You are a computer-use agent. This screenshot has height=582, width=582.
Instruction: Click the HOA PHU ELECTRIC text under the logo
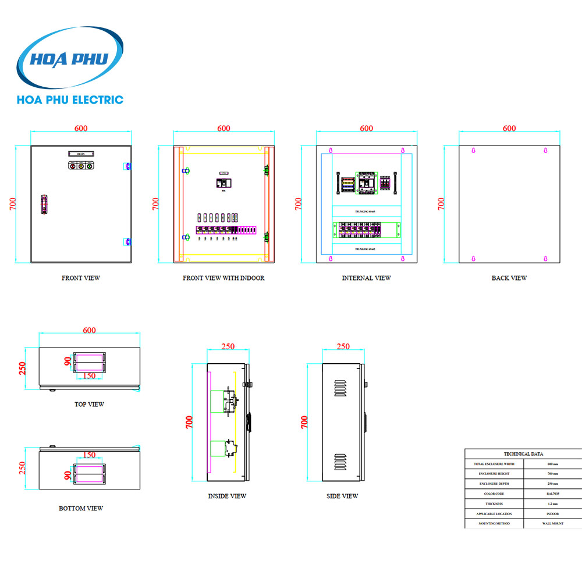(x=70, y=100)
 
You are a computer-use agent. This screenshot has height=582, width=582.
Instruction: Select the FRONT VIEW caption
(x=80, y=278)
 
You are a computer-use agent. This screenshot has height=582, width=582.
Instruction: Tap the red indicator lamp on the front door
(x=72, y=166)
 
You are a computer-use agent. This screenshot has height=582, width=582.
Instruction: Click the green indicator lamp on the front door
(x=89, y=166)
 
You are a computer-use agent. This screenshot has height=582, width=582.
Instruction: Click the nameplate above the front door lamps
(x=80, y=153)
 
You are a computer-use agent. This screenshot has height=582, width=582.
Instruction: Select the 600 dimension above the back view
(x=509, y=128)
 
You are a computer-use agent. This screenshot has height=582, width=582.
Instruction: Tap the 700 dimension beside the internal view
(x=298, y=204)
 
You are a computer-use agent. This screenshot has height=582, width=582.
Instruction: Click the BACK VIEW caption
(x=509, y=278)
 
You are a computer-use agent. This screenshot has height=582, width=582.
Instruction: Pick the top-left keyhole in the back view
(x=473, y=151)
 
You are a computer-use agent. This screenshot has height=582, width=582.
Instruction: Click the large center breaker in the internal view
(x=366, y=183)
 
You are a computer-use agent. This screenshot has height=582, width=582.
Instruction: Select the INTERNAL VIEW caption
(x=366, y=278)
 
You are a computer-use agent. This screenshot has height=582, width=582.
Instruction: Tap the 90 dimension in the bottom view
(x=68, y=475)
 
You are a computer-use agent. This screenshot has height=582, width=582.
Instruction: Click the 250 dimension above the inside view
(x=228, y=346)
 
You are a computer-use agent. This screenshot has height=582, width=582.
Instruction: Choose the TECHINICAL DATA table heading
(x=524, y=454)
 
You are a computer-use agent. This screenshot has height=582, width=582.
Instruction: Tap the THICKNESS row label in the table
(x=494, y=503)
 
